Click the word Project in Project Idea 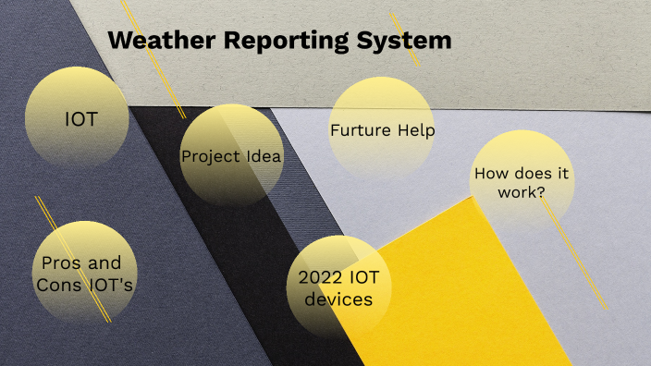click(x=208, y=156)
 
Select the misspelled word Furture click(x=358, y=130)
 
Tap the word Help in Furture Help click(x=416, y=130)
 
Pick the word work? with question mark click(x=522, y=192)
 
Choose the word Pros click(x=62, y=263)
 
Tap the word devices click(x=338, y=299)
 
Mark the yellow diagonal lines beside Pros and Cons click(x=74, y=260)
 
